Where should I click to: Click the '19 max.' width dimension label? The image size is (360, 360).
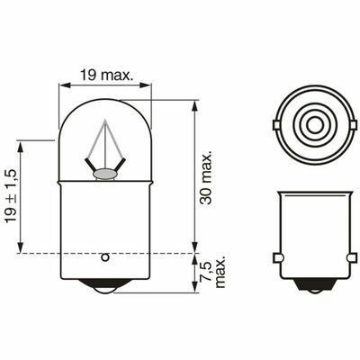click(106, 75)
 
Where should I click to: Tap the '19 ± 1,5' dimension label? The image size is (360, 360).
click(12, 195)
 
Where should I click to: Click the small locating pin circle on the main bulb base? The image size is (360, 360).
click(105, 257)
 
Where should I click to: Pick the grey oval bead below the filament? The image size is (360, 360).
click(104, 174)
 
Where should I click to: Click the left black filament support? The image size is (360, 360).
click(91, 165)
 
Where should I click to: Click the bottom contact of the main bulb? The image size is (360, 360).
click(105, 286)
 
